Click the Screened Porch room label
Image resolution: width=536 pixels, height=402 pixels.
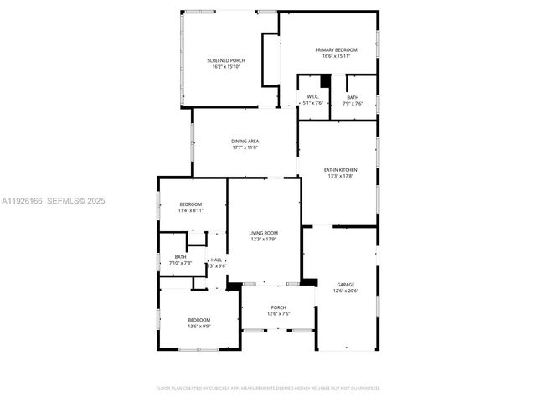point(226,60)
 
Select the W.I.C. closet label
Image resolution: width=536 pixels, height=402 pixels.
point(313,97)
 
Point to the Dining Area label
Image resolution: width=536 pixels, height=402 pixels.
point(245,141)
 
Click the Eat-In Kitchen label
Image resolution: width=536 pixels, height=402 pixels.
point(340,170)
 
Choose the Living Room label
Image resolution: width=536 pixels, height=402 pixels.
point(263,233)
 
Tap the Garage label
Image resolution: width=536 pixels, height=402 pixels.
point(345,285)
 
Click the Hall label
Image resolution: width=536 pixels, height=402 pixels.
point(216,260)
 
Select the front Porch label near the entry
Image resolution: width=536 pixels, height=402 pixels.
point(277,307)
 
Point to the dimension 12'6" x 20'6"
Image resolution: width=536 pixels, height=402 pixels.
point(345,291)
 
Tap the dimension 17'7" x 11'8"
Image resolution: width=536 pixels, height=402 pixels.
point(245,147)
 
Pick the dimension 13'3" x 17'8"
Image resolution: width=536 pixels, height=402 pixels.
point(340,177)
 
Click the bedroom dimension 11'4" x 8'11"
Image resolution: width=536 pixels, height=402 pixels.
point(190,211)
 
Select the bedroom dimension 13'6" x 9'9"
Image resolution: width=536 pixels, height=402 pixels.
point(198,327)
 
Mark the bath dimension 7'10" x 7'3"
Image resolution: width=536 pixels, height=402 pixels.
point(180,263)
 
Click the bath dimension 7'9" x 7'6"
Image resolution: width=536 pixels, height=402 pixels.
point(353,104)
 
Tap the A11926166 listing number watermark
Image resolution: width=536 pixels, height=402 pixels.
point(21,201)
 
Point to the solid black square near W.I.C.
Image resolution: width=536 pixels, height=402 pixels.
point(326,80)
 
